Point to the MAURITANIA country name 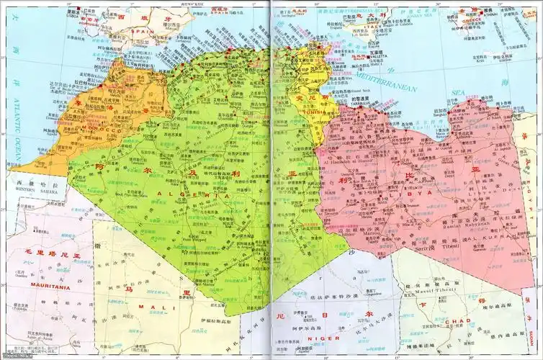pos(48,287)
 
